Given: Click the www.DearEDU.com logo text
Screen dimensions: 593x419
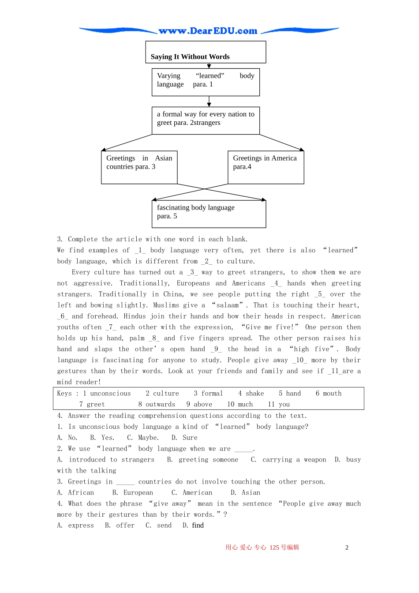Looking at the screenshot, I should (208, 31).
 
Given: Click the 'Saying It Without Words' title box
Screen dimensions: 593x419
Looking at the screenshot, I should (206, 53).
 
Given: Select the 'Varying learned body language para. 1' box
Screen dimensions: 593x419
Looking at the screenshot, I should (206, 82).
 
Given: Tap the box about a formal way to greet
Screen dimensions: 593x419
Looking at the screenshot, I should (206, 120).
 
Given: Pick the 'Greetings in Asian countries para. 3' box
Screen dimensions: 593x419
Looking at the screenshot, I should (139, 167).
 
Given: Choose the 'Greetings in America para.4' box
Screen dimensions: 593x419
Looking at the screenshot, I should (266, 167).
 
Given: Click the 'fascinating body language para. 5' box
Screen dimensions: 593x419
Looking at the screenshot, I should (209, 214).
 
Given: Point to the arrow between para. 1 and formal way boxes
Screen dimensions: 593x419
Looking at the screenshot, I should (209, 101).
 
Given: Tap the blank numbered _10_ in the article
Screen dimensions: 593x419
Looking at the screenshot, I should (299, 360).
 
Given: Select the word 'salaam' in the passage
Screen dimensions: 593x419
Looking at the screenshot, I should (228, 305).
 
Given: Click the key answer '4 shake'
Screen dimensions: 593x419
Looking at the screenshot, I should (251, 394).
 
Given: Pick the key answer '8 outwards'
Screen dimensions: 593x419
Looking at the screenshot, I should (157, 405).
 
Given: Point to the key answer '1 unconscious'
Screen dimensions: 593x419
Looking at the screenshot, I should (107, 394).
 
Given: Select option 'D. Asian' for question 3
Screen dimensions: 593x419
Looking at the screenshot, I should (245, 493).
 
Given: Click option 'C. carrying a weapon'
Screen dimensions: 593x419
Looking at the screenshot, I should (288, 460).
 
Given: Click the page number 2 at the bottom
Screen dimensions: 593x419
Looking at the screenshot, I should (347, 548).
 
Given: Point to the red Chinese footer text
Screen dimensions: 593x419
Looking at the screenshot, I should (262, 548).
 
